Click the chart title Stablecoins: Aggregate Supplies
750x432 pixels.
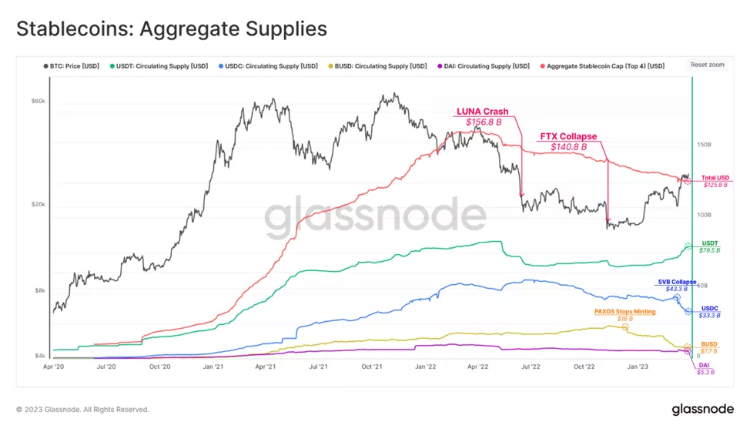172,29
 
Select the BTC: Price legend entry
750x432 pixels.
73,66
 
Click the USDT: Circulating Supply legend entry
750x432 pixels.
162,66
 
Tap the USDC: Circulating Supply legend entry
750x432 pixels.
270,66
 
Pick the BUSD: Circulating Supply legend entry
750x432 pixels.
379,66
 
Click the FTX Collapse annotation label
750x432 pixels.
568,137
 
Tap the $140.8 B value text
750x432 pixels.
568,146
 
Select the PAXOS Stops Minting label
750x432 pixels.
624,312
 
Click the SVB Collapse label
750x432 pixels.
677,282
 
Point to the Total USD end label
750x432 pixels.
715,178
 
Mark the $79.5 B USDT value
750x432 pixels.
710,250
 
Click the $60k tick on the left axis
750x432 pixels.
39,101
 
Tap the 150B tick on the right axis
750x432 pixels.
703,144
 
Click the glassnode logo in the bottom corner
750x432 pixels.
702,409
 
